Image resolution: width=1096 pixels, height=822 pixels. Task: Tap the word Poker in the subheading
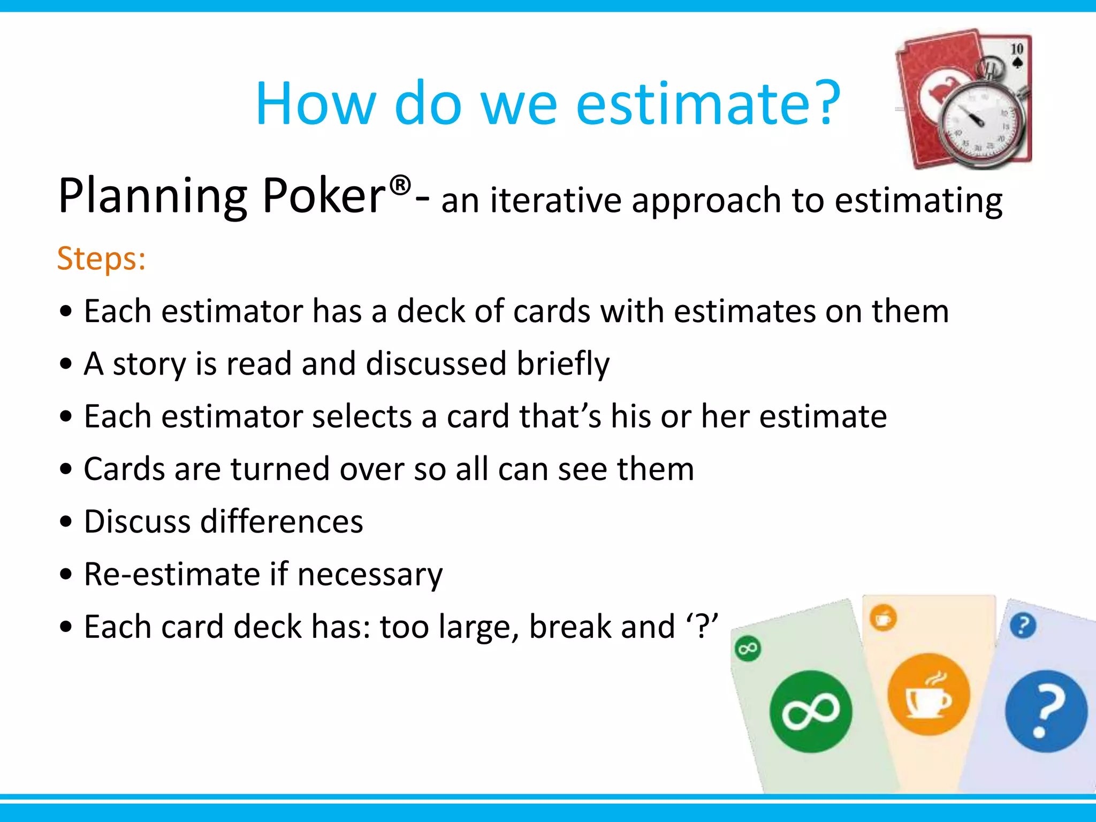(x=324, y=196)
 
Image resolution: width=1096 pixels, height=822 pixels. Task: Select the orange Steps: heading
(x=102, y=259)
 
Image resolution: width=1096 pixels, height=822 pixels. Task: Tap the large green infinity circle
(x=811, y=712)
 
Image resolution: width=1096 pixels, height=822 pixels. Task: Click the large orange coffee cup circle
(x=928, y=695)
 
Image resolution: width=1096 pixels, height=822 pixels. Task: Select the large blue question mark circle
(x=1046, y=712)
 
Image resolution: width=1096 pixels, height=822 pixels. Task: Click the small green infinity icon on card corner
(x=748, y=649)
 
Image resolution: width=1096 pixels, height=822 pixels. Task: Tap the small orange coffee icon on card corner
(x=883, y=619)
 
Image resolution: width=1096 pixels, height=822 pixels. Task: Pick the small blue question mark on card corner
(x=1023, y=625)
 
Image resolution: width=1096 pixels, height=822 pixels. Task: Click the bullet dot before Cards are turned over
(x=66, y=470)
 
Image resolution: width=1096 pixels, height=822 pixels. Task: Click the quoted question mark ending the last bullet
(x=703, y=627)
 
